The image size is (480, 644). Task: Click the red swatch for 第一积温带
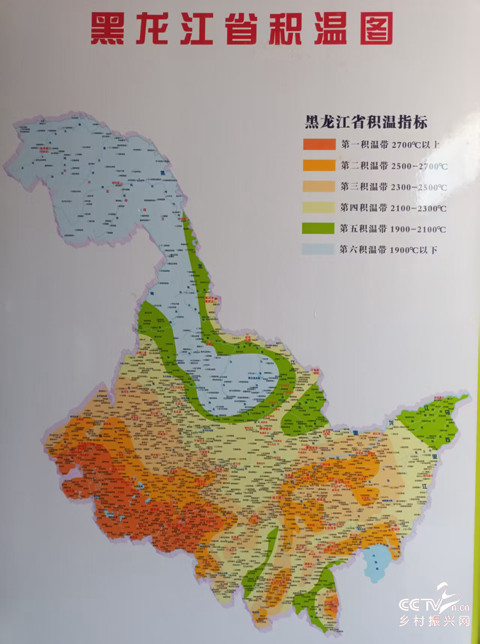pyautogui.click(x=319, y=145)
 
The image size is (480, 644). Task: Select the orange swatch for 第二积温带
pyautogui.click(x=319, y=166)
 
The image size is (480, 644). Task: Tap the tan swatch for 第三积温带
pyautogui.click(x=319, y=187)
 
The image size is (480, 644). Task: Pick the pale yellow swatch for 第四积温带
pyautogui.click(x=319, y=208)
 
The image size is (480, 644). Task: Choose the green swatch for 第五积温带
pyautogui.click(x=319, y=229)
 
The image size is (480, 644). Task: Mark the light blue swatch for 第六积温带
pyautogui.click(x=319, y=249)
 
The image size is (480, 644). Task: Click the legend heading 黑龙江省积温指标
pyautogui.click(x=365, y=122)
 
